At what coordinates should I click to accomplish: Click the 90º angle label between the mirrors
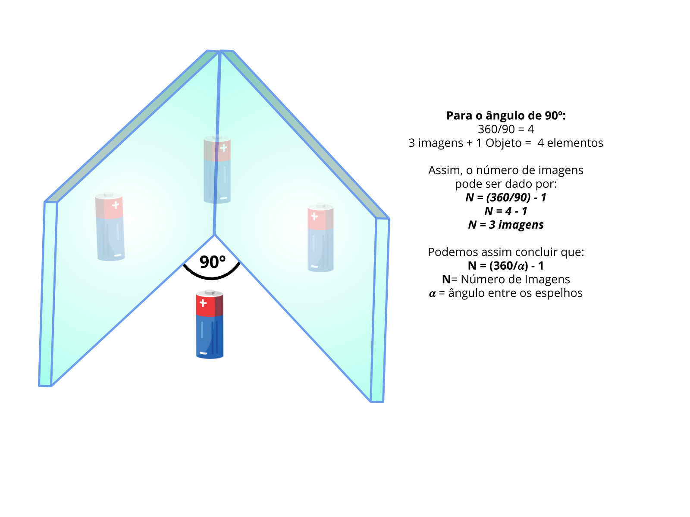tap(212, 262)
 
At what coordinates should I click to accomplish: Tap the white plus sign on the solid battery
tap(203, 303)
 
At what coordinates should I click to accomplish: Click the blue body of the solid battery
tap(210, 336)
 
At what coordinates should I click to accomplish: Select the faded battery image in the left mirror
tap(110, 227)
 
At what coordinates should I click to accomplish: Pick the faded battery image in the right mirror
tap(320, 238)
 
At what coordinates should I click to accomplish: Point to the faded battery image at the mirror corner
tap(217, 169)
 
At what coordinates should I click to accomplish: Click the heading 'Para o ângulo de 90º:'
tap(506, 115)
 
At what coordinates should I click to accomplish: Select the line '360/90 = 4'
tap(506, 129)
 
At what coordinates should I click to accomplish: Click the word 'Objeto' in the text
tap(503, 143)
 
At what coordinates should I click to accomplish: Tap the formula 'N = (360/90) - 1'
tap(506, 197)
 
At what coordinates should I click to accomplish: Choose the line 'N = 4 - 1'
tap(506, 211)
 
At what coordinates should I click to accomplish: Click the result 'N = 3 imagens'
tap(506, 225)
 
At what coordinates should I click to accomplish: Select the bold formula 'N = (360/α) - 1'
tap(506, 266)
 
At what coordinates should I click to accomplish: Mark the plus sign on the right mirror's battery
tap(314, 216)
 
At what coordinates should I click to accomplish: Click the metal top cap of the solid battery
tap(210, 292)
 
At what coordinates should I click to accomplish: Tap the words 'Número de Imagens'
tap(515, 280)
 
